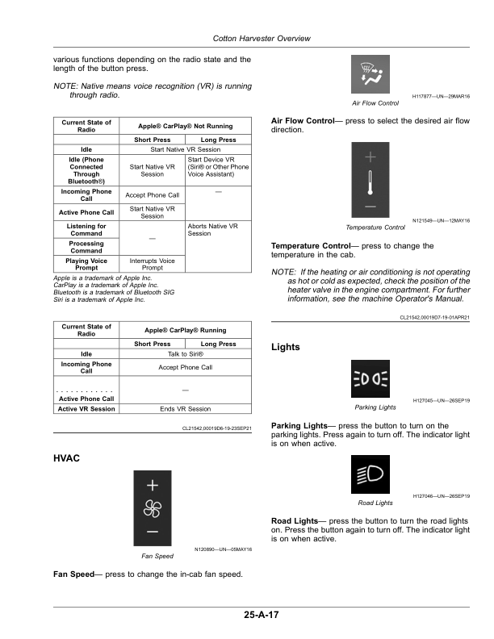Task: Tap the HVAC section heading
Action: click(67, 458)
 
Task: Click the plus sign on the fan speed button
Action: click(153, 486)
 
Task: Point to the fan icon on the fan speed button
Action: click(153, 508)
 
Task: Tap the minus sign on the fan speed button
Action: click(153, 532)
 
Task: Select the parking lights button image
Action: click(370, 378)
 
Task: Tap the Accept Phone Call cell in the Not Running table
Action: click(152, 195)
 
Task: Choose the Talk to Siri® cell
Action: click(186, 354)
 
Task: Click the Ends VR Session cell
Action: click(186, 409)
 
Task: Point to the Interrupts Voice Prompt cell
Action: click(152, 265)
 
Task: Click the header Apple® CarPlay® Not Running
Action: click(186, 126)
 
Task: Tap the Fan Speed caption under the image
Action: click(157, 557)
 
